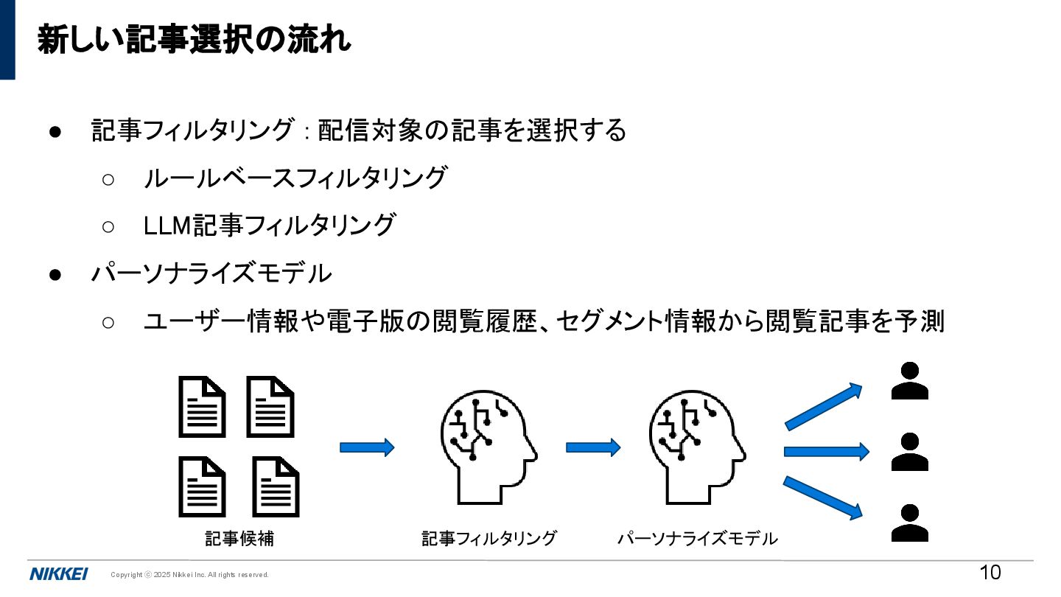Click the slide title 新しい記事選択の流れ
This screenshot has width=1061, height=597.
(194, 40)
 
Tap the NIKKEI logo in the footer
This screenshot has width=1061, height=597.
(59, 574)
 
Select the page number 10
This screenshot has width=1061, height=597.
(990, 573)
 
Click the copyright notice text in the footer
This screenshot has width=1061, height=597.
(189, 575)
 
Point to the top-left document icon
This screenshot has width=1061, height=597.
(202, 407)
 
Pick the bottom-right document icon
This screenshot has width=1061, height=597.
(276, 487)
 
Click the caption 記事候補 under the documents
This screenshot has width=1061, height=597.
(239, 539)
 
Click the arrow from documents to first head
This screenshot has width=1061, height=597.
(367, 447)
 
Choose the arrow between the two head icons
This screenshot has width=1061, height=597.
(593, 447)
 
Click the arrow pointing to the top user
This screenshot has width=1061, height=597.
(824, 406)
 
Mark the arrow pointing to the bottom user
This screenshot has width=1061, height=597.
(824, 497)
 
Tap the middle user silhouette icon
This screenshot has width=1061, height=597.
(909, 453)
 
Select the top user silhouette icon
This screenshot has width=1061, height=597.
(909, 381)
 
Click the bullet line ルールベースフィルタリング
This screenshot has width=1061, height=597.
(295, 178)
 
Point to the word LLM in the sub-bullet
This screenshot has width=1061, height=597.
(168, 226)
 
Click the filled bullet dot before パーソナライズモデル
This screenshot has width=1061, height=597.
(55, 274)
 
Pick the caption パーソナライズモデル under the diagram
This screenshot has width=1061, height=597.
(697, 539)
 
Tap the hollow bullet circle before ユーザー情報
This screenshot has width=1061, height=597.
(108, 322)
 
